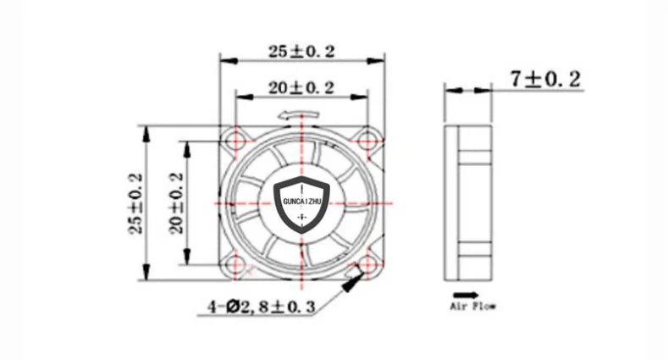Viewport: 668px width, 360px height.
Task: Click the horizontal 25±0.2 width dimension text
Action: click(x=302, y=52)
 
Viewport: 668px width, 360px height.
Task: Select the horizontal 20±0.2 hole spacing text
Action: click(x=302, y=87)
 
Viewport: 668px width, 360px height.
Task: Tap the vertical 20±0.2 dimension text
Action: click(x=177, y=204)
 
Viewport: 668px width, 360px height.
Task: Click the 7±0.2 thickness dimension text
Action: click(x=545, y=80)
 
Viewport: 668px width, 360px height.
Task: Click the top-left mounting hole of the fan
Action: click(x=236, y=138)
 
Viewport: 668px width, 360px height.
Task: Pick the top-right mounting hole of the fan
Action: click(x=368, y=138)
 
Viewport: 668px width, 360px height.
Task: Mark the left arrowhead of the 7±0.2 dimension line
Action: click(x=450, y=87)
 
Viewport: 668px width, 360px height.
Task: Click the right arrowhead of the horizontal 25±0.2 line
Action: click(x=380, y=60)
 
